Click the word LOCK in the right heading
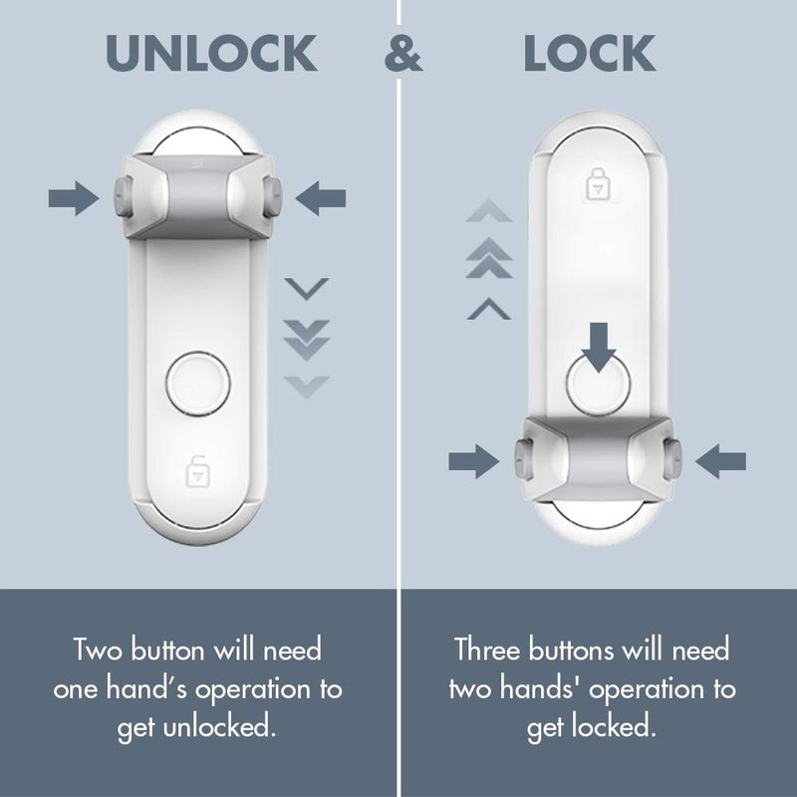click(x=590, y=54)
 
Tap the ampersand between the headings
click(x=403, y=54)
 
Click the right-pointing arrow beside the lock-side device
click(x=473, y=461)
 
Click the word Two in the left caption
click(x=100, y=651)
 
